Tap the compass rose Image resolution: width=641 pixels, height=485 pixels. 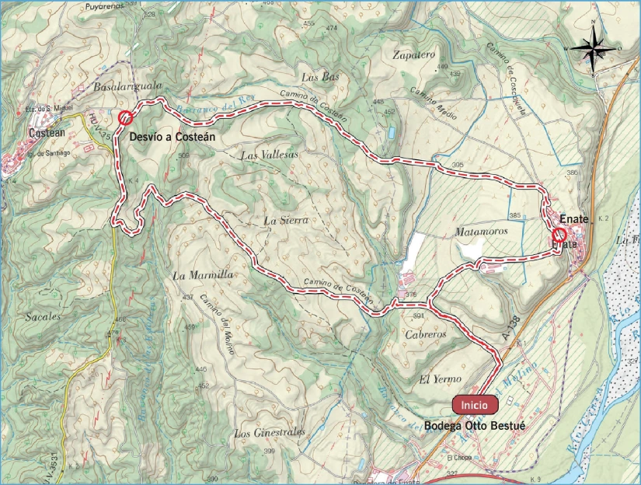pos(597,49)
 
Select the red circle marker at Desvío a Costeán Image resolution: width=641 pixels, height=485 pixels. pos(124,118)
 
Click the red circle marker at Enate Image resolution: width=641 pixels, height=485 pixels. pos(558,234)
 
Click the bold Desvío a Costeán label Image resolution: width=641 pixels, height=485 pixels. pos(172,136)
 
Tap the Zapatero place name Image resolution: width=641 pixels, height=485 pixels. pos(413,55)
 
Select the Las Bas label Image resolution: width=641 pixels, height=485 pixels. pos(321,77)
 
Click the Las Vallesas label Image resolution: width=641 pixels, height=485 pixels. pos(270,155)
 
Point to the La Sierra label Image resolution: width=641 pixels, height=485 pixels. pos(287,221)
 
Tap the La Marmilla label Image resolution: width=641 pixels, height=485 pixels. pos(203,276)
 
